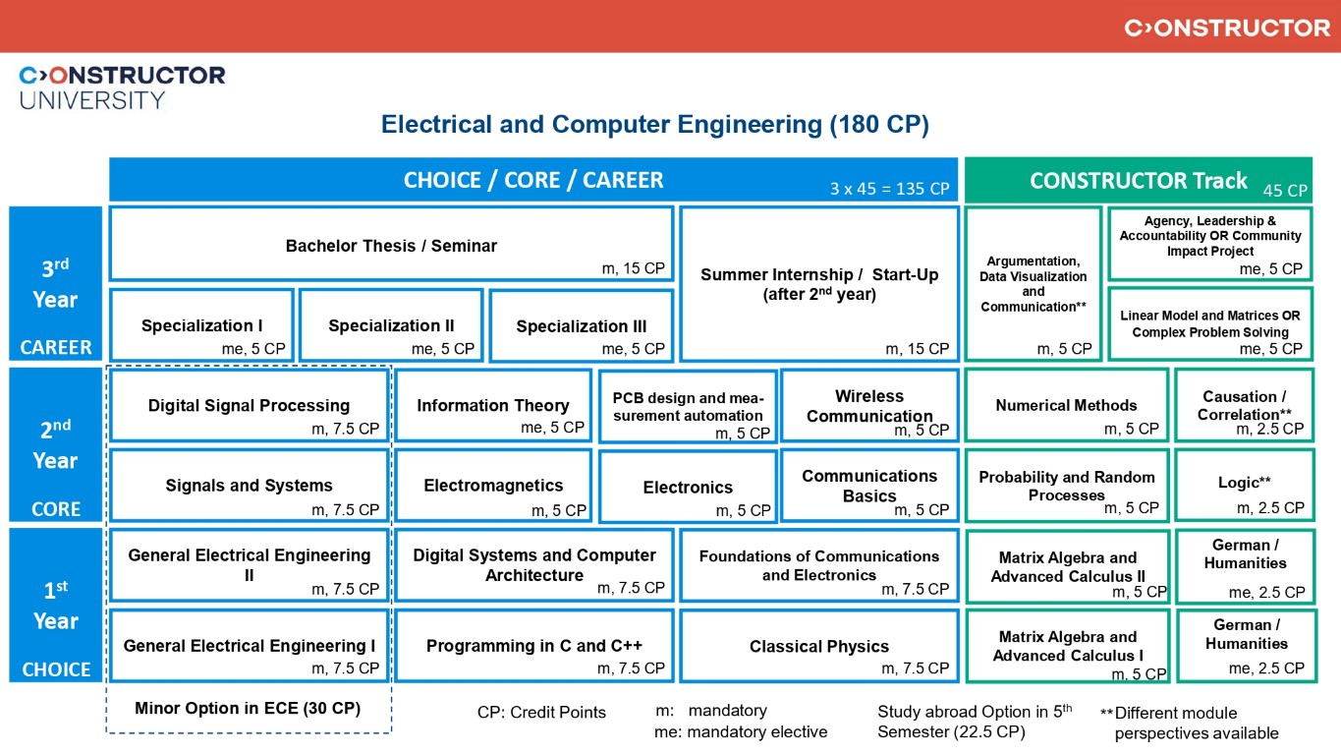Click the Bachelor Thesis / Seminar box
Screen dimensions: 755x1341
[x=391, y=244]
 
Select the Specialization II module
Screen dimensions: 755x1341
[x=391, y=325]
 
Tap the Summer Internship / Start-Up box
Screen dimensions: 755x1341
[x=818, y=283]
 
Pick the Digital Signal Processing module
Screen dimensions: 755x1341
[x=249, y=405]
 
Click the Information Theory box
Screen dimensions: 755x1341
[x=492, y=405]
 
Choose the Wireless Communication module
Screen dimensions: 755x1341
[x=869, y=405]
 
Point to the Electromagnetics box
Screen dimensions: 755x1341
[x=493, y=486]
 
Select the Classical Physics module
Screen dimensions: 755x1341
[x=818, y=646]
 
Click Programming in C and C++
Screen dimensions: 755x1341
[x=534, y=646]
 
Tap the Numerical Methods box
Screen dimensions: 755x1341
[x=1066, y=405]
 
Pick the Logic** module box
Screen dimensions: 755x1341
[x=1244, y=485]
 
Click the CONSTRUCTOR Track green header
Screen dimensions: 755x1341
[x=1138, y=181]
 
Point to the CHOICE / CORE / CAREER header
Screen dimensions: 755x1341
[x=533, y=181]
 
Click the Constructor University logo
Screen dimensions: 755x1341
[x=122, y=87]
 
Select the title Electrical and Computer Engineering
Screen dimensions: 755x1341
[x=654, y=125]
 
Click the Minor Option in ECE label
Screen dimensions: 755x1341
[x=248, y=709]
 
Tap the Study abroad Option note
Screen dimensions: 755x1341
[x=974, y=722]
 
